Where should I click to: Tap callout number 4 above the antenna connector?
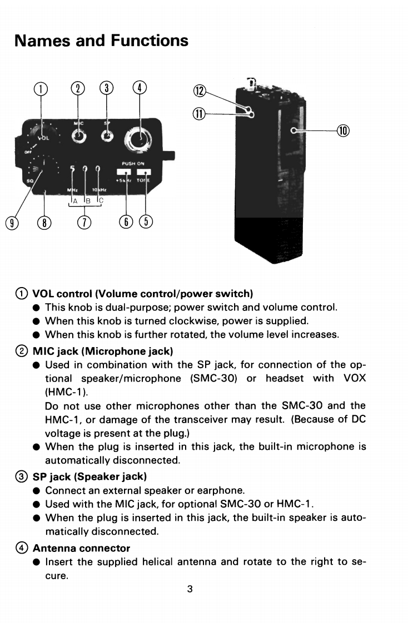coord(140,88)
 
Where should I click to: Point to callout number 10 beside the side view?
coord(344,130)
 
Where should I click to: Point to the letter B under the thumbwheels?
coord(86,201)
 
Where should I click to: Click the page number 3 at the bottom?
coord(190,589)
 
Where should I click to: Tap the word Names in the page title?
coord(43,41)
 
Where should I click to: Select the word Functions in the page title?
coord(149,41)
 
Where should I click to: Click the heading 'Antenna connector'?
coord(81,548)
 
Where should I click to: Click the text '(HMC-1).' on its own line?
coord(64,391)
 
